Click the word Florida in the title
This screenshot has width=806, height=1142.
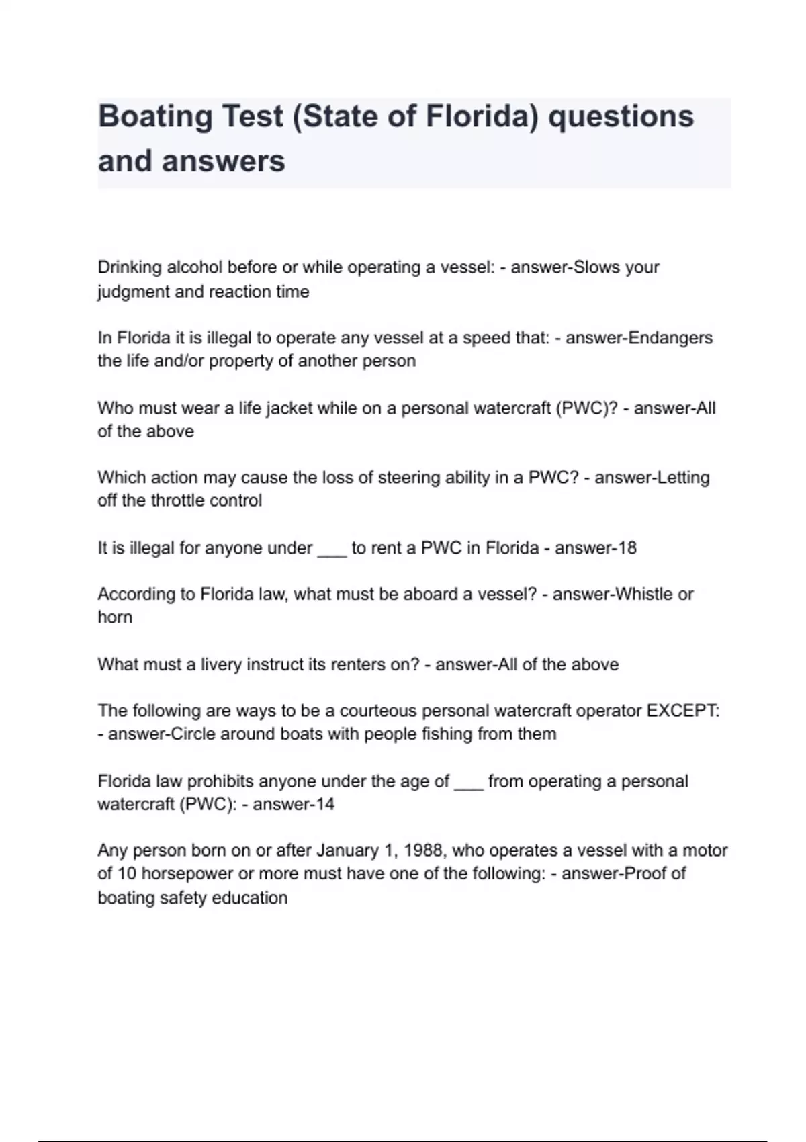click(x=481, y=116)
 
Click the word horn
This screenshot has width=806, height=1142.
click(x=115, y=617)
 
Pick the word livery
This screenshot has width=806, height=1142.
click(x=221, y=664)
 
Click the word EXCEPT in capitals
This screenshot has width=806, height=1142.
click(x=681, y=711)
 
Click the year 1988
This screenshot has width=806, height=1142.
click(x=423, y=850)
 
